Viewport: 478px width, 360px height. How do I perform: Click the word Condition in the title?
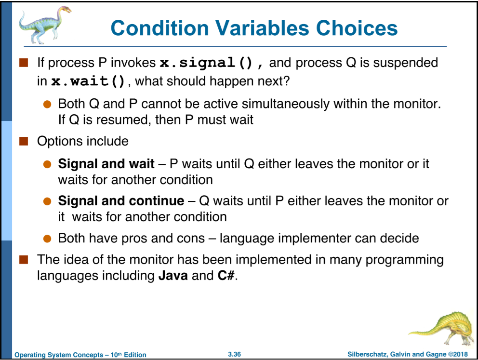[160, 28]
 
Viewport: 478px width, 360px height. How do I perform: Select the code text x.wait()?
[88, 81]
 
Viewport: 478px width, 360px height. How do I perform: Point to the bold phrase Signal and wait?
[106, 164]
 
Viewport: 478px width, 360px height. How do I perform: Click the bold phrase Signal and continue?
[121, 201]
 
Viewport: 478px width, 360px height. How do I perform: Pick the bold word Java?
[173, 276]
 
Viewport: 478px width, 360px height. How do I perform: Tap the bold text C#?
[226, 276]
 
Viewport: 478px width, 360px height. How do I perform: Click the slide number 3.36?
[234, 354]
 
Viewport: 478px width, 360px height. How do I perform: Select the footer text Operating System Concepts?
[59, 355]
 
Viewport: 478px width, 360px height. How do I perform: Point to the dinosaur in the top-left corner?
[45, 25]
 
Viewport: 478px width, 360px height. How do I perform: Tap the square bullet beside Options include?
[24, 141]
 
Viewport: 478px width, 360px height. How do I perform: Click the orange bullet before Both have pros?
[47, 239]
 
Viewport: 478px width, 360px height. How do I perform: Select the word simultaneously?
[286, 104]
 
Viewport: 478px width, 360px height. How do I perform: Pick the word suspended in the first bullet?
[405, 63]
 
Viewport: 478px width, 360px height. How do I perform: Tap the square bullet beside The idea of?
[24, 260]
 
